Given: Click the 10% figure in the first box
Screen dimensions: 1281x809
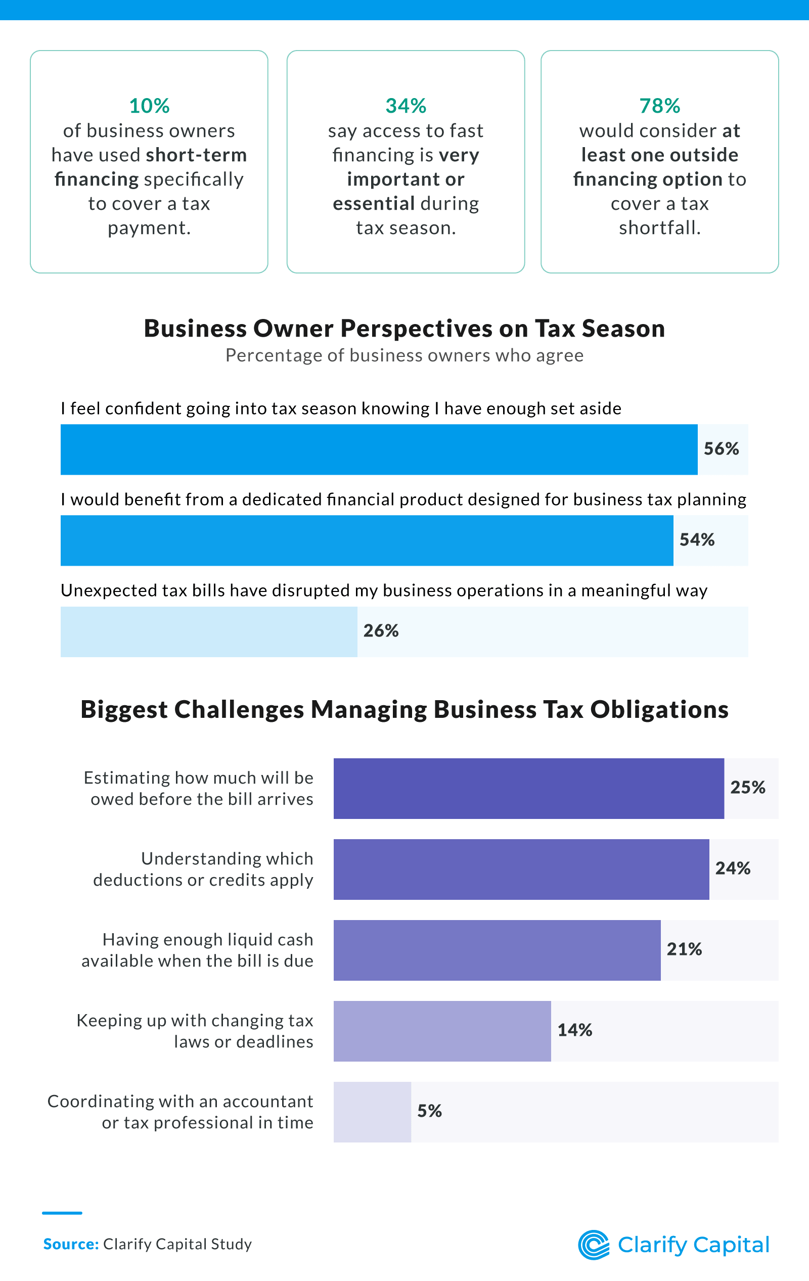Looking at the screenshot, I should [x=149, y=106].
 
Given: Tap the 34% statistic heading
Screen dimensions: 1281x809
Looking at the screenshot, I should [x=406, y=106].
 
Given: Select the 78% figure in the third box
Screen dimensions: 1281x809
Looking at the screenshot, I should [x=659, y=106].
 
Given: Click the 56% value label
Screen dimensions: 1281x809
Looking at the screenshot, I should [x=721, y=448].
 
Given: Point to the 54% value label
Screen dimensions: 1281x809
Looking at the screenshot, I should [x=697, y=539].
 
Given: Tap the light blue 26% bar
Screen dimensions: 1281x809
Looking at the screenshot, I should [x=209, y=631].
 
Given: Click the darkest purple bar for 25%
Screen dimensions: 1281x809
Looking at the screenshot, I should [x=528, y=789].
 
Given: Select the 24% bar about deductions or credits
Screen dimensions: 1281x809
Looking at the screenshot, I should [x=521, y=870].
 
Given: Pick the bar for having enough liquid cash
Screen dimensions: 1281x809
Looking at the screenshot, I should [x=497, y=950].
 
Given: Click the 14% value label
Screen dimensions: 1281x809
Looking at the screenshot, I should [x=574, y=1030].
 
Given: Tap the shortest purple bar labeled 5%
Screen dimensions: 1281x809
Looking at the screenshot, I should [x=372, y=1112].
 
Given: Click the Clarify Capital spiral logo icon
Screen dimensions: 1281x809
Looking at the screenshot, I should [x=594, y=1245].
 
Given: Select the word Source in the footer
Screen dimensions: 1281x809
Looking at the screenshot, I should [x=71, y=1244].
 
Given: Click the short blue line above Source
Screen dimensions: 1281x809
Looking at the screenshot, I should [x=62, y=1213].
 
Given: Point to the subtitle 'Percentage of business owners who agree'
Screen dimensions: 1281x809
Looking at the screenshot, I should [x=404, y=355].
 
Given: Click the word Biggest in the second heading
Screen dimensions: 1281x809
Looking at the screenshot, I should [x=123, y=710].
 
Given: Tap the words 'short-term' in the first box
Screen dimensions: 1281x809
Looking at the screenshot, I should [x=196, y=155].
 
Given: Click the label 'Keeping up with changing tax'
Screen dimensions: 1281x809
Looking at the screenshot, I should [x=195, y=1020].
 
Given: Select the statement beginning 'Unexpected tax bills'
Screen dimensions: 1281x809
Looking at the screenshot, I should [x=384, y=590].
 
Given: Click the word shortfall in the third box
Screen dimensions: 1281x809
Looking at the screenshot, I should [x=659, y=227].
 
